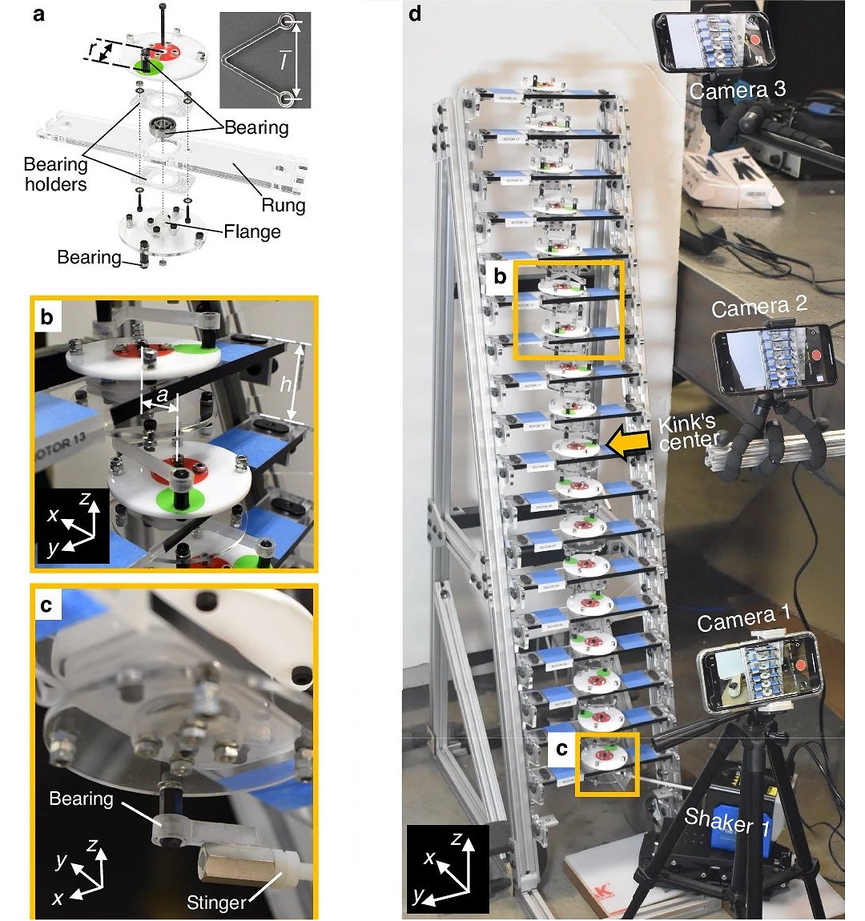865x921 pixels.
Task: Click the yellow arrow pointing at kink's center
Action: [x=628, y=444]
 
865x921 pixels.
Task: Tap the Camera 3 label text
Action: [x=737, y=90]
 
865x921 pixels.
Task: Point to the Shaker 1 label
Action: [x=726, y=822]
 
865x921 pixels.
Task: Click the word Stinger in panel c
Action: [x=216, y=903]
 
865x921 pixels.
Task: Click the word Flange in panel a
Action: [x=252, y=232]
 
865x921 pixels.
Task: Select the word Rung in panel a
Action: [x=284, y=205]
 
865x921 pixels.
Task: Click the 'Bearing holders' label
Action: [x=55, y=175]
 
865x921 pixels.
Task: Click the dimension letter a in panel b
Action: [x=162, y=394]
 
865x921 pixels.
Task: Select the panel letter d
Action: [x=415, y=14]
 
